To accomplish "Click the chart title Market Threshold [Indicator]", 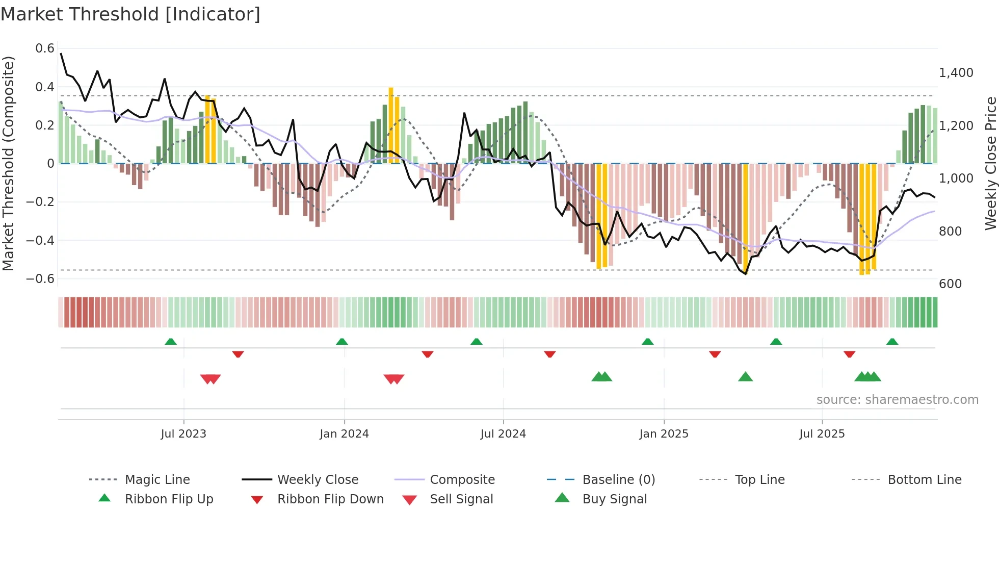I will (130, 14).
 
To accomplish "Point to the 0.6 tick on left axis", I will (45, 48).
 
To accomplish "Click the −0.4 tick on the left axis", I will (40, 240).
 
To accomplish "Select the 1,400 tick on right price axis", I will (956, 73).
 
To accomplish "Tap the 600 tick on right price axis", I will (950, 284).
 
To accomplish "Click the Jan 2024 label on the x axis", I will (344, 434).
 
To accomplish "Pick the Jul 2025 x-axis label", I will (822, 434).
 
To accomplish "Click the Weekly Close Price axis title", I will (990, 163).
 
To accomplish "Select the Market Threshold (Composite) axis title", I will (8, 163).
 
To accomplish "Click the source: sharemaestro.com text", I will (897, 400).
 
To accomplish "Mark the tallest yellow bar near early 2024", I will (391, 125).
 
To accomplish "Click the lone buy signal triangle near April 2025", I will (745, 377).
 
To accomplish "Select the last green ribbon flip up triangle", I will (892, 342).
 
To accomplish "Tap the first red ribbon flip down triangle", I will (238, 354).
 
